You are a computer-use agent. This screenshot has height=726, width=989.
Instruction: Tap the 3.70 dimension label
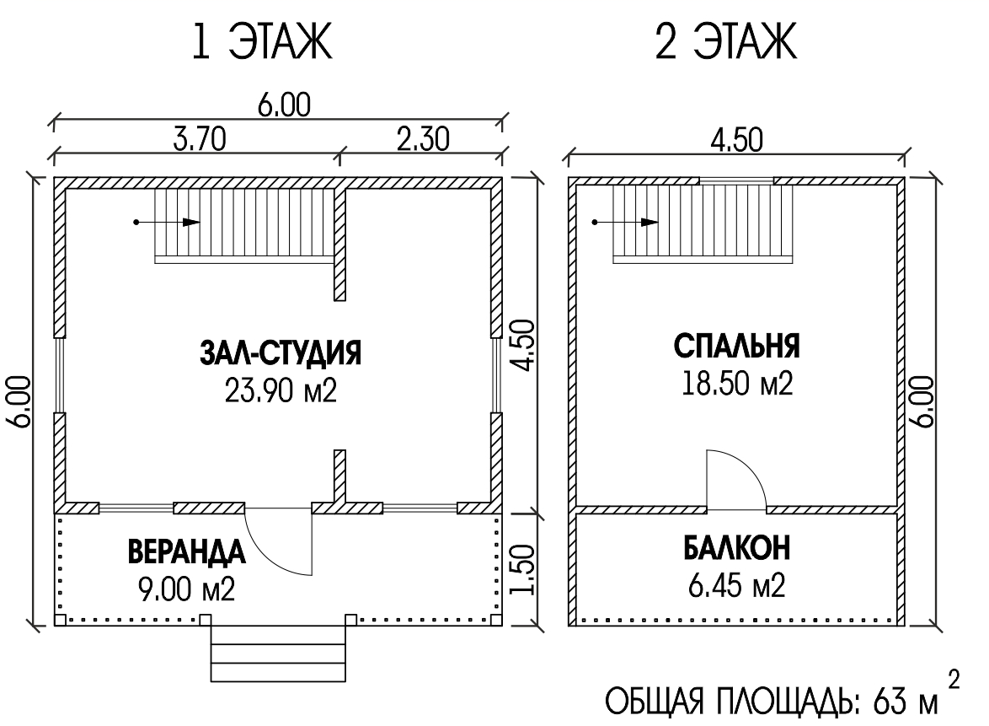pyautogui.click(x=200, y=139)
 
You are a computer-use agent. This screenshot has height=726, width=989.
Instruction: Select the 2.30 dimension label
pyautogui.click(x=423, y=139)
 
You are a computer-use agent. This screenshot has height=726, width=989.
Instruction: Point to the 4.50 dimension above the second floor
pyautogui.click(x=736, y=140)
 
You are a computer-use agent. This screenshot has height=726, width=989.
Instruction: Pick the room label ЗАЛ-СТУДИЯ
pyautogui.click(x=281, y=353)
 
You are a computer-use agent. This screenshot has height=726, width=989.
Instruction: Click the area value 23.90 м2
pyautogui.click(x=281, y=391)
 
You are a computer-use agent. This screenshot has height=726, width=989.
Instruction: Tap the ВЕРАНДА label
pyautogui.click(x=187, y=551)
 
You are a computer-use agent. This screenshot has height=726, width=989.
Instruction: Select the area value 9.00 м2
pyautogui.click(x=187, y=589)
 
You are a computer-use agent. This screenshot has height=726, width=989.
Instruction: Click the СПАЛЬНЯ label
pyautogui.click(x=737, y=346)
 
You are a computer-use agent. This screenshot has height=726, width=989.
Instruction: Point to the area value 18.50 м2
pyautogui.click(x=737, y=383)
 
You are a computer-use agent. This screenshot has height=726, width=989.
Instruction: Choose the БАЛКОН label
pyautogui.click(x=737, y=548)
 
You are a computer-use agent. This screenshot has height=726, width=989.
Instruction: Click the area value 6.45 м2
pyautogui.click(x=737, y=586)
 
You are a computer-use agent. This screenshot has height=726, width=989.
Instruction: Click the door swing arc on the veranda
pyautogui.click(x=265, y=556)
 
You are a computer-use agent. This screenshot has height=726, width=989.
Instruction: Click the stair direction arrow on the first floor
pyautogui.click(x=167, y=223)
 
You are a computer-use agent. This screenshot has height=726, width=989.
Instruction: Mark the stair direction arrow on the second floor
pyautogui.click(x=625, y=223)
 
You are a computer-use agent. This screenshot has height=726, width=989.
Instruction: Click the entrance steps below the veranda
pyautogui.click(x=278, y=653)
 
